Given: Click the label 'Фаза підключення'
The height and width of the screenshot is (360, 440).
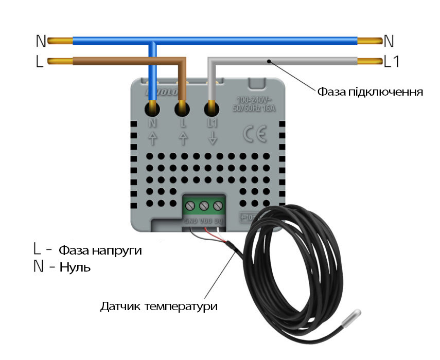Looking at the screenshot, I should pyautogui.click(x=369, y=93).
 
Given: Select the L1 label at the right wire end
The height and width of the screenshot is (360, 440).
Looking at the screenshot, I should pyautogui.click(x=392, y=61).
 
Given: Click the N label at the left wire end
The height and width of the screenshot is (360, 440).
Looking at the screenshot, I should pyautogui.click(x=41, y=41).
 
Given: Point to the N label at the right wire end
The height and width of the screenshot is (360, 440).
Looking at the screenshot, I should pyautogui.click(x=389, y=41).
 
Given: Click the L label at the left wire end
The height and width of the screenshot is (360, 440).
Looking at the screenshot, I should pyautogui.click(x=40, y=62).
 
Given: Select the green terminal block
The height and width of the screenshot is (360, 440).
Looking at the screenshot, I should pyautogui.click(x=204, y=206).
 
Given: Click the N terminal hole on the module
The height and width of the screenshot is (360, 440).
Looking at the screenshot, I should pyautogui.click(x=153, y=109).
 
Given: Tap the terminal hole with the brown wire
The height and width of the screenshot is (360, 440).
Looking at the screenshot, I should pyautogui.click(x=182, y=109).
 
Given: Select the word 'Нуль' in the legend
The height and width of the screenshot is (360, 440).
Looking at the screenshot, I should pyautogui.click(x=75, y=268).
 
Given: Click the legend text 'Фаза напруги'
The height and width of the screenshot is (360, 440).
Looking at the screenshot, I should pyautogui.click(x=100, y=251).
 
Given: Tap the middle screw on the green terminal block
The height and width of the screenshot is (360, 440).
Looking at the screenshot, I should pyautogui.click(x=204, y=206).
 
